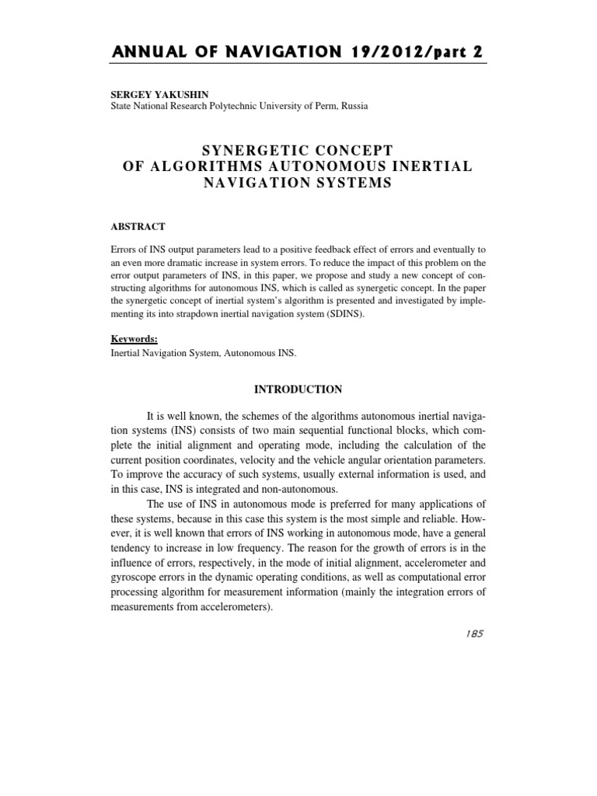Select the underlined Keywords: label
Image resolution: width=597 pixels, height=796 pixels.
click(x=135, y=339)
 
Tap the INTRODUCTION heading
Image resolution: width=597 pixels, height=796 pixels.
click(x=298, y=389)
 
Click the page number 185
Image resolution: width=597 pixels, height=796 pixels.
click(x=471, y=634)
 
